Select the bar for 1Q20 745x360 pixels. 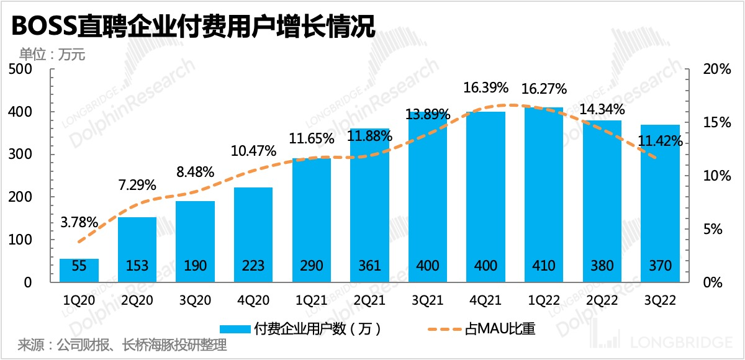tap(79, 270)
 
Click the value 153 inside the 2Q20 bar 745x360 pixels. tap(137, 266)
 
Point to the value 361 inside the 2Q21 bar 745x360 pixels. tap(369, 266)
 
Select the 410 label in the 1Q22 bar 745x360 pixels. tap(544, 266)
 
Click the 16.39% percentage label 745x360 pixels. tap(486, 88)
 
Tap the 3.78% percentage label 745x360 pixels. tap(79, 221)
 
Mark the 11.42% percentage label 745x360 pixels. tap(661, 141)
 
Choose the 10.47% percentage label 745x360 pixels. tap(253, 151)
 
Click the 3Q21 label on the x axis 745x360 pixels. tap(428, 300)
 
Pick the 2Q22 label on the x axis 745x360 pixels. tap(602, 300)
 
